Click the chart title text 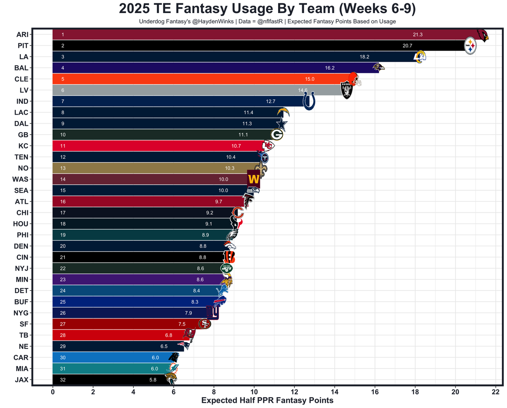click(267, 9)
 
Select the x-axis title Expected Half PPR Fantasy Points click(267, 400)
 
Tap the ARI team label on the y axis click(22, 35)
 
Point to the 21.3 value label click(417, 35)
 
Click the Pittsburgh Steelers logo click(470, 46)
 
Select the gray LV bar click(178, 90)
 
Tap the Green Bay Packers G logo click(276, 135)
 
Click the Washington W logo click(253, 179)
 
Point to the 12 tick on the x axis click(294, 392)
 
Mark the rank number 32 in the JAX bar click(63, 380)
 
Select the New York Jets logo click(227, 268)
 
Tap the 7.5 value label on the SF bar click(182, 324)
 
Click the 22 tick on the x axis click(496, 392)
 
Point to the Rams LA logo click(419, 57)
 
